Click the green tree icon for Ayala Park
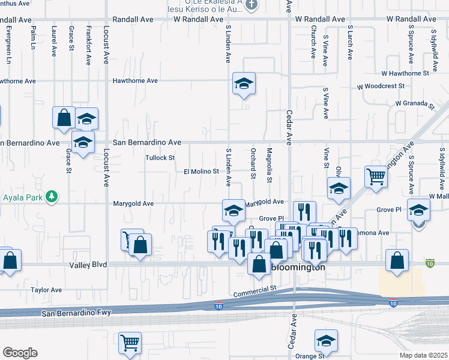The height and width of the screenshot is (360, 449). click(52, 196)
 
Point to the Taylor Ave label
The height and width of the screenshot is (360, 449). click(47, 290)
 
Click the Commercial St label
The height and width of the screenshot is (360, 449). click(255, 290)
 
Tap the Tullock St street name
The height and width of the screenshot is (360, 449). click(160, 158)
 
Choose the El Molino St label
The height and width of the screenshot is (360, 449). click(201, 172)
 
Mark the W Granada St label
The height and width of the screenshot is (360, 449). click(414, 103)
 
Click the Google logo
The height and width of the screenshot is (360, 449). click(20, 353)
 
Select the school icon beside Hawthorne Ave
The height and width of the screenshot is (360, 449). click(244, 83)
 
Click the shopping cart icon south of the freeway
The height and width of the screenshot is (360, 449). click(130, 343)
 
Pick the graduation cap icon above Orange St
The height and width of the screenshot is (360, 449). click(326, 341)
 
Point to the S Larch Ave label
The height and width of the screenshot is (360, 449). click(349, 42)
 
